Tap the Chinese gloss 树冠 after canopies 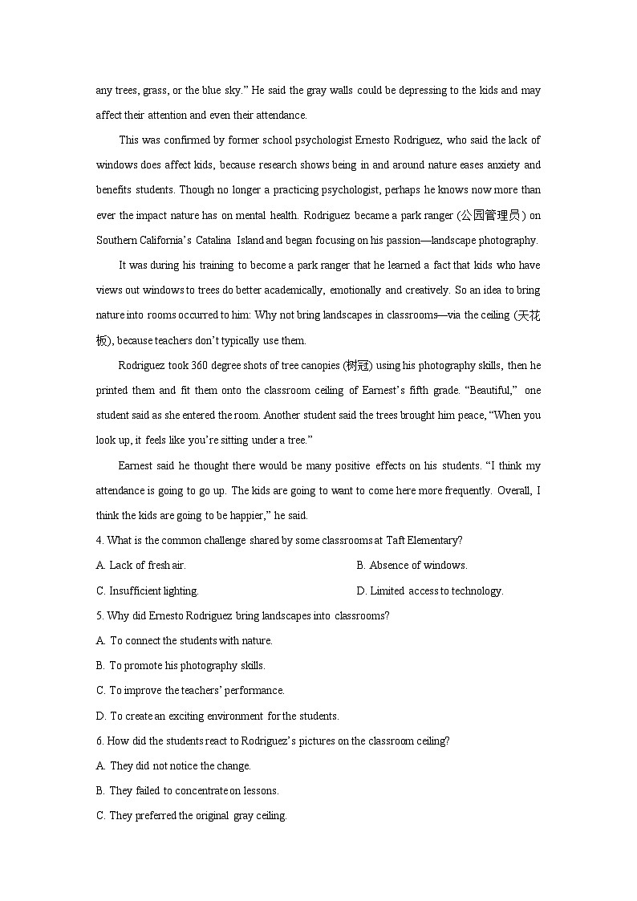pos(355,366)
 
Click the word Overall pos(514,491)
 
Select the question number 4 pos(99,541)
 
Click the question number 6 pos(99,741)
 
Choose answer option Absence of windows pos(418,566)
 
